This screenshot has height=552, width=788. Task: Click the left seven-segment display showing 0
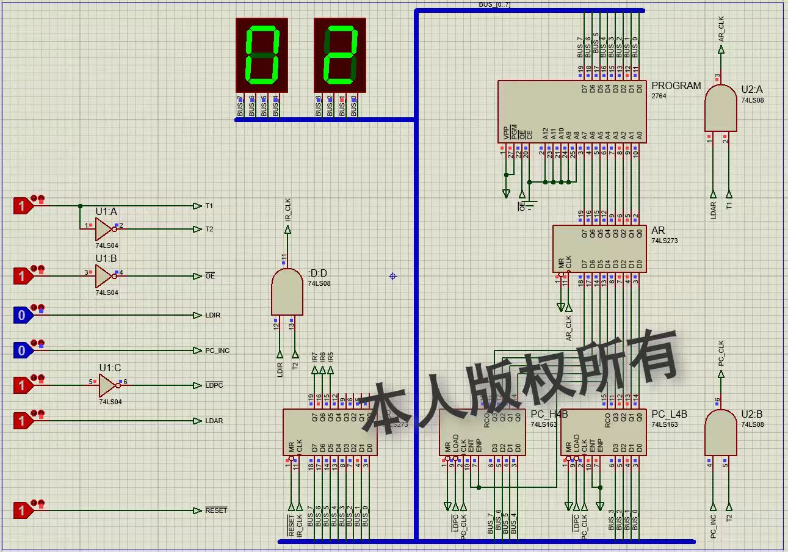261,56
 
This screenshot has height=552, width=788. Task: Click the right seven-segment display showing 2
340,56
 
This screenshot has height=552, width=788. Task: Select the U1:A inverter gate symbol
104,229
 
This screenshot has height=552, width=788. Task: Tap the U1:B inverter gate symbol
104,276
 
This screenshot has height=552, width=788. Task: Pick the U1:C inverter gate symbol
108,385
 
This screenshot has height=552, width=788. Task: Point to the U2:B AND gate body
720,432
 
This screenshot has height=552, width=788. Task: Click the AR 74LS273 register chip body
599,249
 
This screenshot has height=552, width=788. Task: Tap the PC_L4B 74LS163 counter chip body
603,432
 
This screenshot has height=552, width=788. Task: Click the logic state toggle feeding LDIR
22,315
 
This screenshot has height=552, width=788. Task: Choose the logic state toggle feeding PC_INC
22,350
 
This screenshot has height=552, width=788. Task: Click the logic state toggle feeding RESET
22,510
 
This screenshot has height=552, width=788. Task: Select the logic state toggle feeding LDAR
22,421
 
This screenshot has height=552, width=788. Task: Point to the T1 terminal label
209,206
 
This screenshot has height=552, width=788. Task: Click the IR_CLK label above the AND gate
288,209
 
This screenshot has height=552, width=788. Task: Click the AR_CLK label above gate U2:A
721,29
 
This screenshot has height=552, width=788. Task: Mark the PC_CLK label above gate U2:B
721,353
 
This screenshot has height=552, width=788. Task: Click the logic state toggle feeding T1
22,206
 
